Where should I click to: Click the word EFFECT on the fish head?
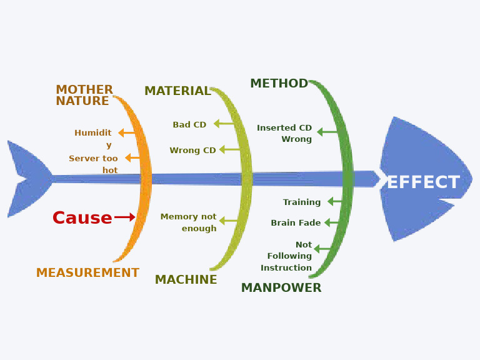tap(423, 182)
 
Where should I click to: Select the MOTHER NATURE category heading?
tap(84, 96)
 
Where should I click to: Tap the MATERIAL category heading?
tap(177, 91)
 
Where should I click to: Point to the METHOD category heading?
tap(279, 84)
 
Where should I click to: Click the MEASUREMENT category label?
tap(87, 273)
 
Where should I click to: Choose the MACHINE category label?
tap(186, 280)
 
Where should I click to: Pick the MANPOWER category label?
tap(281, 288)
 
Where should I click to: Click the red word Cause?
tap(82, 218)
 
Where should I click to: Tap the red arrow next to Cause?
tap(125, 217)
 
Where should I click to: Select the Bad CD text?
tap(189, 125)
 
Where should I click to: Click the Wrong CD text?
tap(192, 151)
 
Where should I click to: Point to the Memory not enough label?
tap(189, 222)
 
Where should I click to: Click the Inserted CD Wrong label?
tap(284, 133)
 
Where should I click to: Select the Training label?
tap(302, 202)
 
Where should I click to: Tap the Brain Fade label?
tap(296, 223)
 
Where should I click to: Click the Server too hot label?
tap(94, 164)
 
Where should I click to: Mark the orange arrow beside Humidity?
tap(126, 133)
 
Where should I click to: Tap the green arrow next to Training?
tap(334, 201)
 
